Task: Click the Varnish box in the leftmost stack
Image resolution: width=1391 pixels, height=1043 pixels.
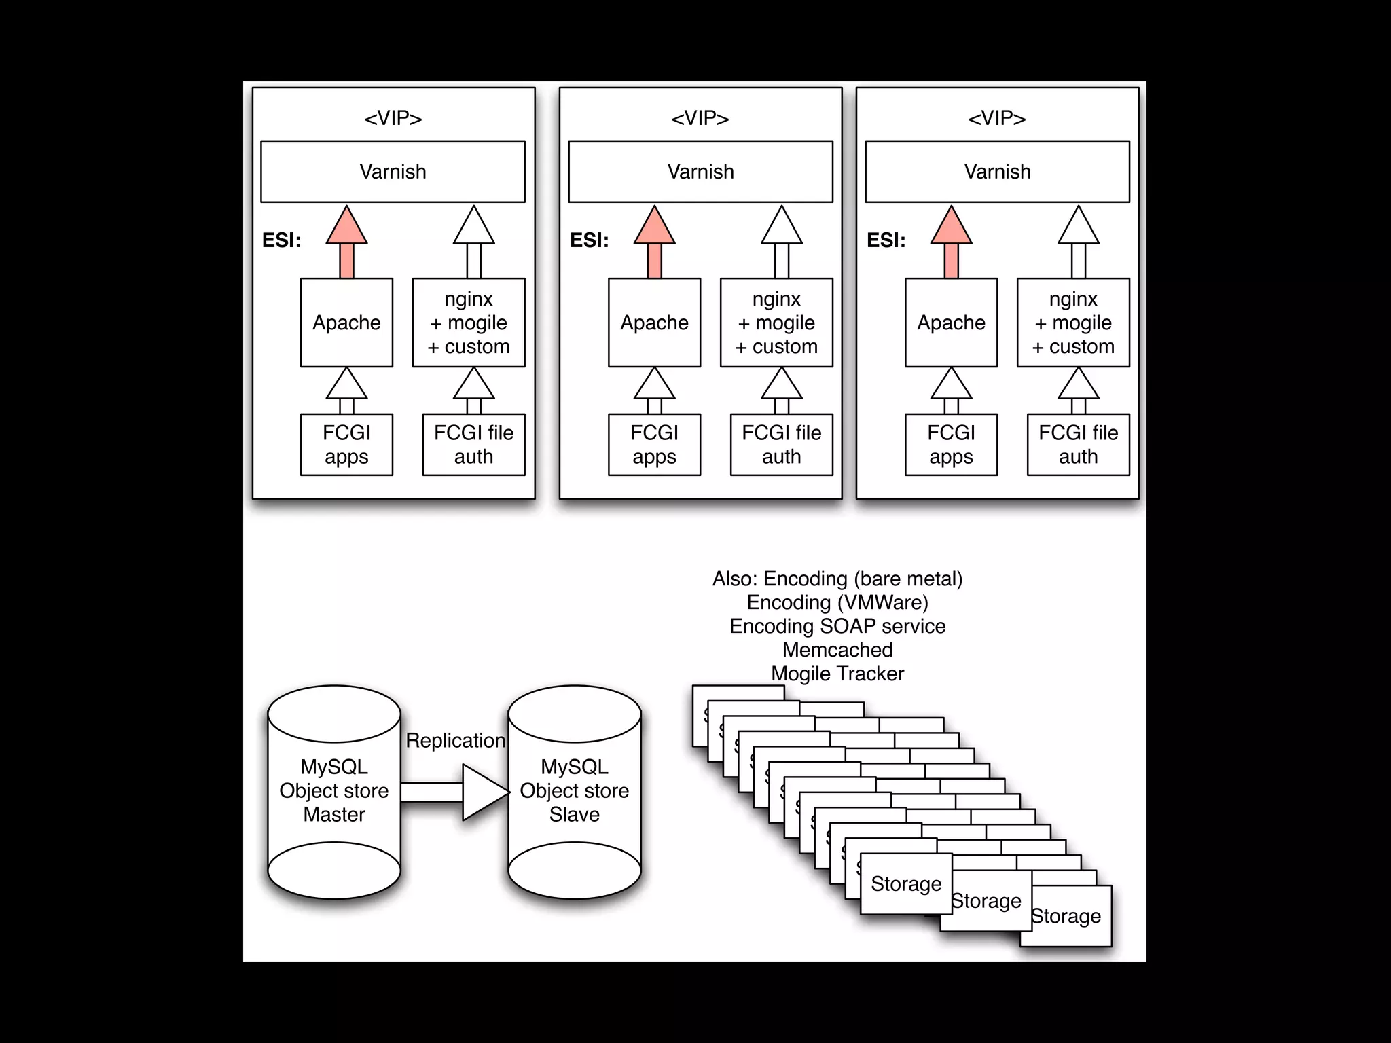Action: click(393, 172)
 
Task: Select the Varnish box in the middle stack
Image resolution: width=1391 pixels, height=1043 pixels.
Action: click(700, 172)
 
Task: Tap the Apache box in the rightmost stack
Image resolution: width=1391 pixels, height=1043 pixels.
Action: click(951, 323)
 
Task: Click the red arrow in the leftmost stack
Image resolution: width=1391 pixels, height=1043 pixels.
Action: click(346, 242)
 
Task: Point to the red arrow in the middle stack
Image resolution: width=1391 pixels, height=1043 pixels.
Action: click(654, 242)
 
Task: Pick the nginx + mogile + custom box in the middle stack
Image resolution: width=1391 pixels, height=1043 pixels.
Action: click(776, 323)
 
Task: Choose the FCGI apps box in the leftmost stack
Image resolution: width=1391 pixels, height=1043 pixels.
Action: click(346, 445)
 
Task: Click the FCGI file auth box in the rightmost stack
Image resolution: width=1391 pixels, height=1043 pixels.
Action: click(1078, 445)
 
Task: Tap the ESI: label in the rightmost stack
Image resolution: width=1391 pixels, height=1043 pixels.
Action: click(886, 240)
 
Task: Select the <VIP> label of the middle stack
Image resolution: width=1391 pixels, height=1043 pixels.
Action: click(700, 118)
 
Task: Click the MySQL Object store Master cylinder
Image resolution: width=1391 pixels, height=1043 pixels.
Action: click(334, 792)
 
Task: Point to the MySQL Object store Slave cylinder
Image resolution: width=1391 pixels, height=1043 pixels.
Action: click(575, 792)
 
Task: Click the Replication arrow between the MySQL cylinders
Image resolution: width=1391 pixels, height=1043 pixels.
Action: click(455, 792)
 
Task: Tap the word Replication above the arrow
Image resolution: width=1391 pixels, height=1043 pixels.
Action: click(455, 740)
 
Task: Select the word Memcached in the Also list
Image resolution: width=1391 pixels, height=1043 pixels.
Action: click(837, 650)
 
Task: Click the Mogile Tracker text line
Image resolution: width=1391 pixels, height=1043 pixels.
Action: click(837, 674)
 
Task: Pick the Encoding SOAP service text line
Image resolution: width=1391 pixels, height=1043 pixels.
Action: click(837, 626)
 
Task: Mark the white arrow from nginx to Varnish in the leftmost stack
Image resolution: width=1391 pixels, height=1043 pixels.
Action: click(473, 242)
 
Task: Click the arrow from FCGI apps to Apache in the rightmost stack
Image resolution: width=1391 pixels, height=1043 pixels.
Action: click(951, 390)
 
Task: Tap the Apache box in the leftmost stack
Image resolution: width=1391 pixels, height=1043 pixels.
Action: click(346, 323)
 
